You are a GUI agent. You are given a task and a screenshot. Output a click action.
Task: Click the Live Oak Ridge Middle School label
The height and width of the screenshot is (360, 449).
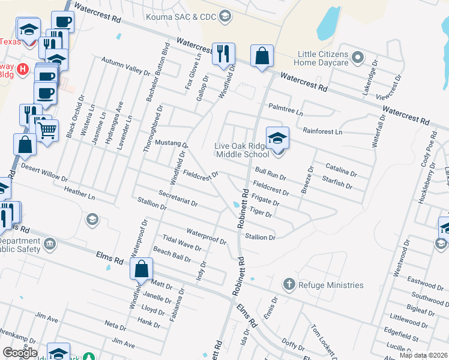pyautogui.click(x=243, y=150)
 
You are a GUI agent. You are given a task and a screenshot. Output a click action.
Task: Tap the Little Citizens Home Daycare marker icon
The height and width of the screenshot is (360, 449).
pyautogui.click(x=358, y=58)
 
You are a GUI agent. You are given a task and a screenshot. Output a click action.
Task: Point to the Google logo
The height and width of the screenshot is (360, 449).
pyautogui.click(x=20, y=353)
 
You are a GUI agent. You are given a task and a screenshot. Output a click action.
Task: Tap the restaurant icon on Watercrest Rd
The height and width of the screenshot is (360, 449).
pyautogui.click(x=223, y=54)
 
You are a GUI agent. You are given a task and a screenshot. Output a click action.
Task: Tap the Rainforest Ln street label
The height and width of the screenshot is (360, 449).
pyautogui.click(x=322, y=131)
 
